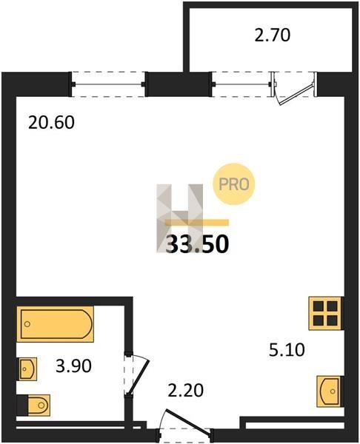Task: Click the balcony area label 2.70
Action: pos(272,36)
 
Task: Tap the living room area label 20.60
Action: pos(51,123)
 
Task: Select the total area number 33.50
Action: pos(197,244)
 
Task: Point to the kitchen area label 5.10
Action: pos(287,350)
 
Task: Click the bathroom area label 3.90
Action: pos(73,366)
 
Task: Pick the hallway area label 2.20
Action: pos(186,391)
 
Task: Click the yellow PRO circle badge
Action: pos(234,184)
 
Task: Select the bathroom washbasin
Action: pos(27,369)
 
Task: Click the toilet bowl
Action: pos(39,406)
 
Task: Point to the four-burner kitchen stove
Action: pos(325,313)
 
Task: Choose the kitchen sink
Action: pos(330,391)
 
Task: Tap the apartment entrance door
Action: pos(188,420)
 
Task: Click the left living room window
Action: pos(108,84)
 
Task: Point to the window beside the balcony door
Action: pos(241,84)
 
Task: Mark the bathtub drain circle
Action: pos(27,324)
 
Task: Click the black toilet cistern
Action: pos(22,406)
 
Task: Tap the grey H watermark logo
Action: pos(180,218)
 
